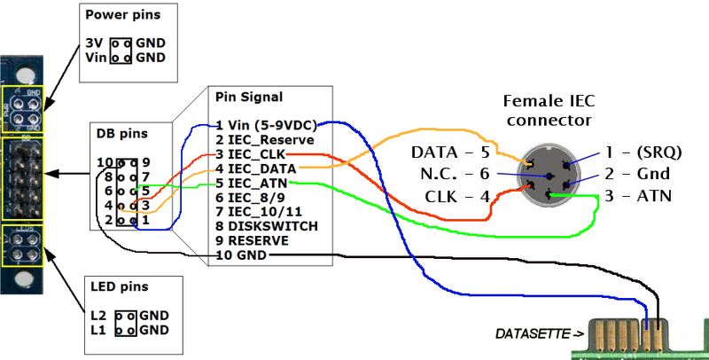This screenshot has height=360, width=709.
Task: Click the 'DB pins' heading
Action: click(119, 135)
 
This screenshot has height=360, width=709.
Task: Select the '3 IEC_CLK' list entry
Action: click(250, 153)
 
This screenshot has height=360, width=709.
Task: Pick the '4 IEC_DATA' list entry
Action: click(255, 168)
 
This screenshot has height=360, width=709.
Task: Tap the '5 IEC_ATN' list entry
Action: click(252, 183)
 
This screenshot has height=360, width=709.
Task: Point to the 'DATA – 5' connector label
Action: click(451, 152)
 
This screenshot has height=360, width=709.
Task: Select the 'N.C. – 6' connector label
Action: click(457, 174)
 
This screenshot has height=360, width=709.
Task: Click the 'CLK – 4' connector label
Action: click(457, 196)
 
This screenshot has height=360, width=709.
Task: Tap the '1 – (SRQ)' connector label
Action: click(643, 151)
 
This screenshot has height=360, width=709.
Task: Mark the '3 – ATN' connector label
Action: click(638, 196)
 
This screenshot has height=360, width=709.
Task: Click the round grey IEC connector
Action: click(549, 175)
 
